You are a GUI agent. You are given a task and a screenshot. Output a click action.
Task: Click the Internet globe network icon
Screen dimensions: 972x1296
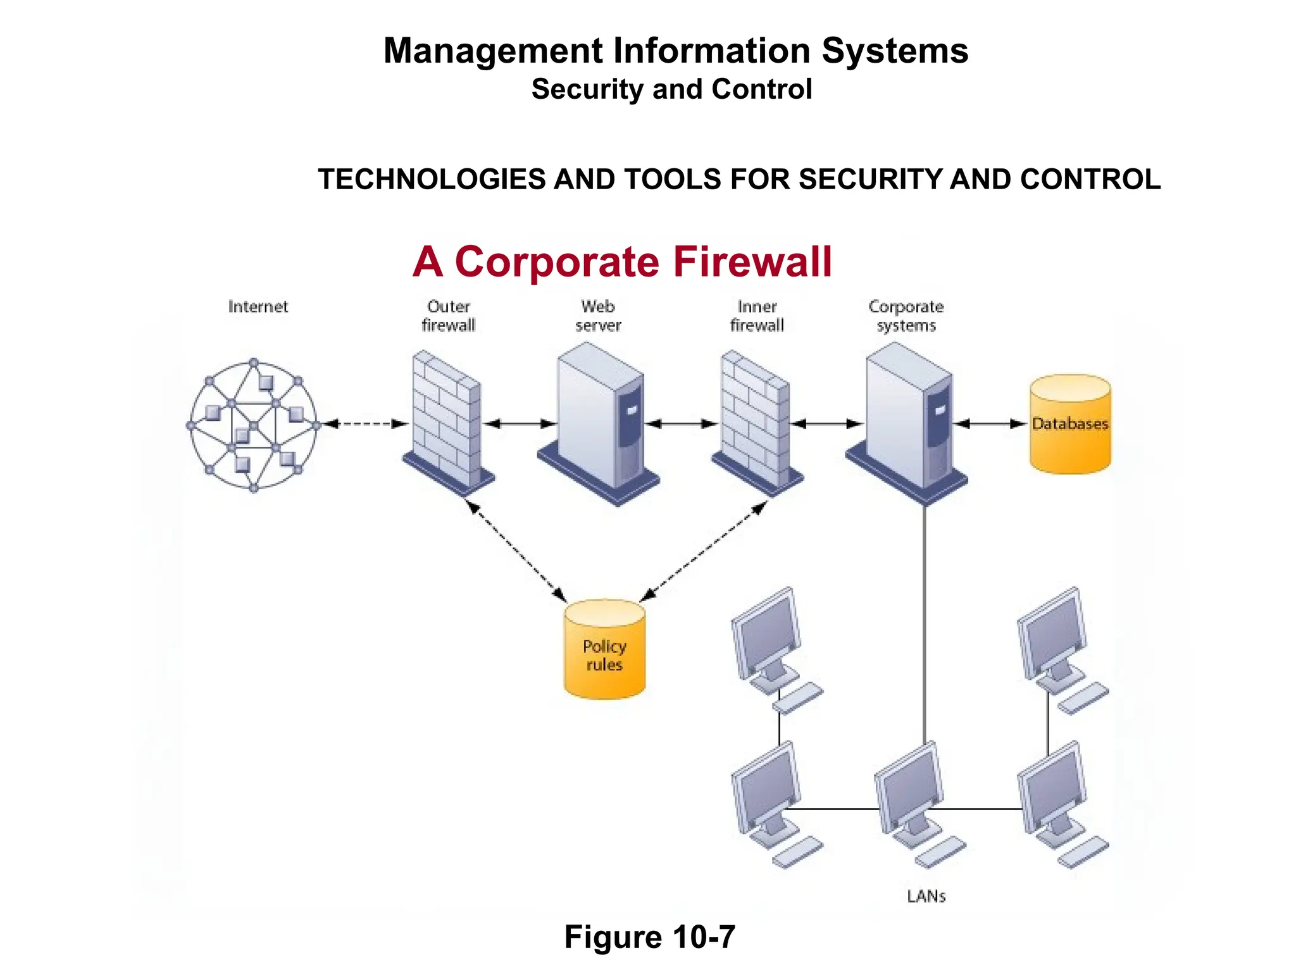[x=253, y=425]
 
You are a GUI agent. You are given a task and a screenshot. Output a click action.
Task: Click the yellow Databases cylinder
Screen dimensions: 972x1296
[x=1069, y=424]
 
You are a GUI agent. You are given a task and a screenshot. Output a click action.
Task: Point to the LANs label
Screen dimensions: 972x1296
[x=926, y=896]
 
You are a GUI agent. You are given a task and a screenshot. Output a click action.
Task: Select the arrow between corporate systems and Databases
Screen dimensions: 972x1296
[x=990, y=424]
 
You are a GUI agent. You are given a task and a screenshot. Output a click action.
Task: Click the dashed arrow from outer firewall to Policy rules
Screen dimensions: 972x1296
[x=516, y=551]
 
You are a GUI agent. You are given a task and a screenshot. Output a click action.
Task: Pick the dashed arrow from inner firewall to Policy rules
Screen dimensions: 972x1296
[x=703, y=551]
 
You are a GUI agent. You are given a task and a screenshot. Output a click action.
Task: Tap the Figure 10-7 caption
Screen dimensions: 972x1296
[x=649, y=937]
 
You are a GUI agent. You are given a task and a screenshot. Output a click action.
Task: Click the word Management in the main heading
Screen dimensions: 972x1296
[x=493, y=51]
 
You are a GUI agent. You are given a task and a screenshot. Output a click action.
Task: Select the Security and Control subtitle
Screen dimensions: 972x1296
[x=671, y=89]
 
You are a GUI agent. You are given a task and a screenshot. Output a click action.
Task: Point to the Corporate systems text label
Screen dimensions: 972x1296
[x=906, y=316]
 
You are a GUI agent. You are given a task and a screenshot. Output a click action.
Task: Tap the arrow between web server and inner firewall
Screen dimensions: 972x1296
[x=681, y=424]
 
